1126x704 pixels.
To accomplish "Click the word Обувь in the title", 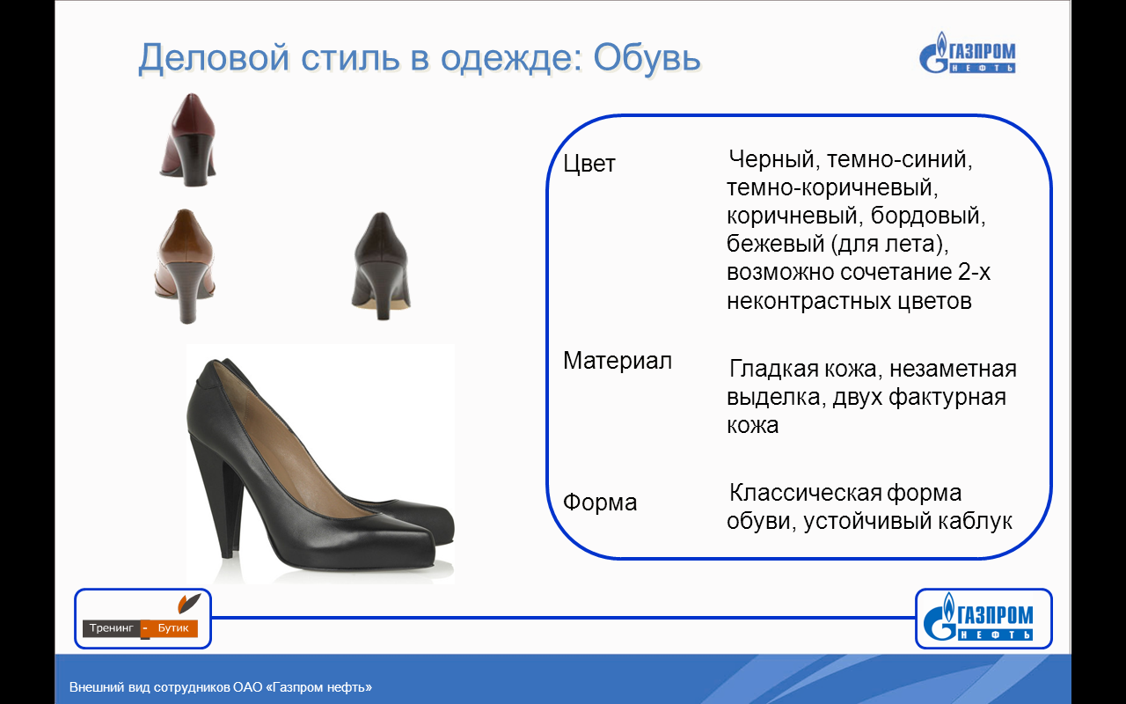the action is click(647, 57).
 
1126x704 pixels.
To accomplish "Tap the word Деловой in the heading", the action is click(214, 58).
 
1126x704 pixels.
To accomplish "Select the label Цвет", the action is click(589, 164).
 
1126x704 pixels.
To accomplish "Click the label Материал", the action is click(618, 361).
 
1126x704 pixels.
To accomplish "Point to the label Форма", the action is click(600, 502).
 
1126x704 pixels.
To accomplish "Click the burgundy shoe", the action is click(188, 139).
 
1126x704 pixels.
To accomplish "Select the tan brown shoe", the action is click(185, 266).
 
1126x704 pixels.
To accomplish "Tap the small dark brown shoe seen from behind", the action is click(381, 266).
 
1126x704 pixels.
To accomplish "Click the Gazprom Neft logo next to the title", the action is click(967, 53).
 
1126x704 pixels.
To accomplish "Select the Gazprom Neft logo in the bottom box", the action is click(977, 617).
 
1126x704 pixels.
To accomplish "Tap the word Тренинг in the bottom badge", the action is click(111, 627).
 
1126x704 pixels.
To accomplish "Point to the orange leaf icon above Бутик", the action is click(188, 603).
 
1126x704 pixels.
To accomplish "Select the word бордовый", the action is click(928, 216).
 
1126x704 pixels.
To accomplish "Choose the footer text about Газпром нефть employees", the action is click(221, 687).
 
